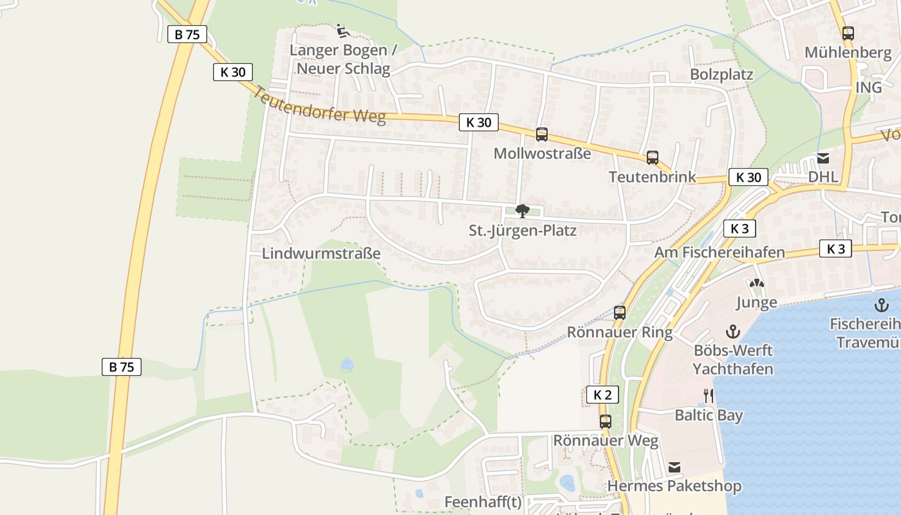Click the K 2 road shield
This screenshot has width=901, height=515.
(x=602, y=395)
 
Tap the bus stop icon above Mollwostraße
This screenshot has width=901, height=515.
(x=542, y=135)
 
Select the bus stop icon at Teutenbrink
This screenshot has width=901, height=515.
(x=653, y=158)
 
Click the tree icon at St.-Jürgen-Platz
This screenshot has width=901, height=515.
(x=523, y=211)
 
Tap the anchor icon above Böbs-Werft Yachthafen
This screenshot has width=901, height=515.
(x=732, y=332)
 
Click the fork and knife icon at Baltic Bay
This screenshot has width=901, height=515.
(x=709, y=395)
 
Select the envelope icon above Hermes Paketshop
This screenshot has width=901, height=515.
(x=674, y=467)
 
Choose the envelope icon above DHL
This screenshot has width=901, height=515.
(x=822, y=158)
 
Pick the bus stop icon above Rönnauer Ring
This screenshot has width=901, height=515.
(x=620, y=313)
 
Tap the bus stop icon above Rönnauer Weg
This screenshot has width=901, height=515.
(x=606, y=422)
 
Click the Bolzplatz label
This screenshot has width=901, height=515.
(x=721, y=75)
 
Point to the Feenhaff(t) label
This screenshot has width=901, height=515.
(x=483, y=501)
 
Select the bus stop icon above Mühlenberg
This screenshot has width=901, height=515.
(x=848, y=33)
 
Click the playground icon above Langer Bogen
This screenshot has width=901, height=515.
(x=342, y=30)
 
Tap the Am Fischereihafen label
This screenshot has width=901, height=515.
(x=720, y=252)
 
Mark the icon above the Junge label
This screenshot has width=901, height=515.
(x=756, y=283)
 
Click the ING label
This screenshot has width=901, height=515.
(x=868, y=87)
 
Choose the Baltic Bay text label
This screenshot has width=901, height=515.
(x=709, y=415)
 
